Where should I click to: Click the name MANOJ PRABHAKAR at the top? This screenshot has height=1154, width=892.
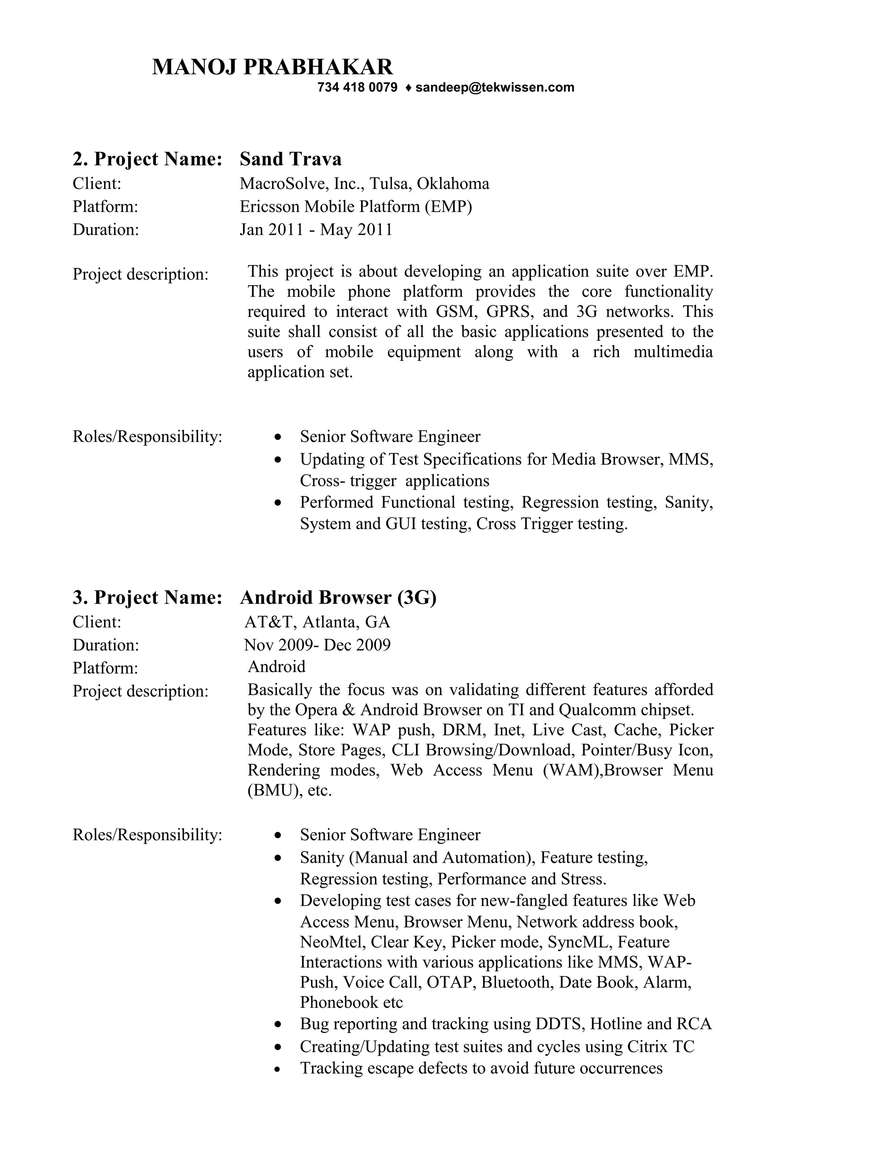(x=272, y=67)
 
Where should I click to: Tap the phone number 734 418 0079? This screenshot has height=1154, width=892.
(x=357, y=88)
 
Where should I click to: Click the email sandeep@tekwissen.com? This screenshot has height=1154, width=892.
(x=495, y=88)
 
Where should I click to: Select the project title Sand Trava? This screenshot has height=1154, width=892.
(x=291, y=159)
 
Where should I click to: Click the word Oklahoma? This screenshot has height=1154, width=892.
(x=453, y=184)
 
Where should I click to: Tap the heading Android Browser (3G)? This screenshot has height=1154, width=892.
(x=338, y=597)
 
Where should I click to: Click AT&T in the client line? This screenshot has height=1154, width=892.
(x=268, y=622)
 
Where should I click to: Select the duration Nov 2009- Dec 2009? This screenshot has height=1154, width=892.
(x=317, y=645)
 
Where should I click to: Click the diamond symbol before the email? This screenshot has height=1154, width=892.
(x=407, y=88)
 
